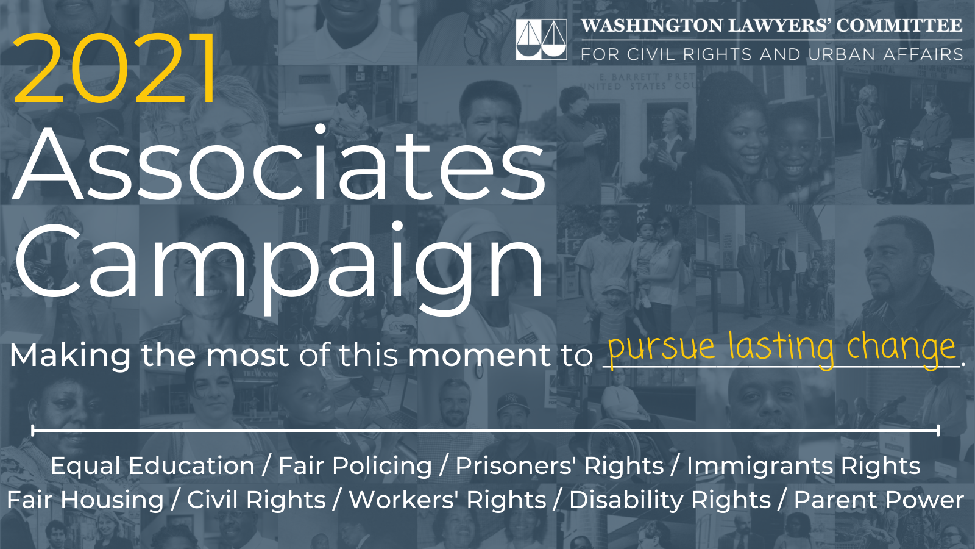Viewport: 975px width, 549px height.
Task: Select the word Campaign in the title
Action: click(279, 262)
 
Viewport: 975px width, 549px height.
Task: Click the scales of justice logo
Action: click(541, 40)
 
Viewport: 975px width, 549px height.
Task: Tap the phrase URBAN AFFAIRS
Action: click(885, 54)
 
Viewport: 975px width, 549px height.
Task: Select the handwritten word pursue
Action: click(661, 348)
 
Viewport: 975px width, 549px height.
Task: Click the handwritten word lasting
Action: click(781, 348)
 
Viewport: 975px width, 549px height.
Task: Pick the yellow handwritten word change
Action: click(901, 348)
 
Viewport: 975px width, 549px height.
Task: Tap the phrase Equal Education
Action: click(152, 466)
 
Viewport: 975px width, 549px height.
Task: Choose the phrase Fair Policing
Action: click(355, 466)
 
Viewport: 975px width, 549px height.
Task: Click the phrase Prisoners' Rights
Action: click(559, 466)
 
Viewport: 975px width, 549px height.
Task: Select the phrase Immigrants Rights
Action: click(803, 466)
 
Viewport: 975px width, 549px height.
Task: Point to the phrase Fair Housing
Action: click(85, 500)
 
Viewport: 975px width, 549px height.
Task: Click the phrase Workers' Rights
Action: click(447, 500)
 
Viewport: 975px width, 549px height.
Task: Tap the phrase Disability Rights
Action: click(670, 500)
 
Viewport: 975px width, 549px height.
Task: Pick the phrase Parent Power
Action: click(879, 500)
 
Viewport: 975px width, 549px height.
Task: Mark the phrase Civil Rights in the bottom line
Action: click(256, 500)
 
